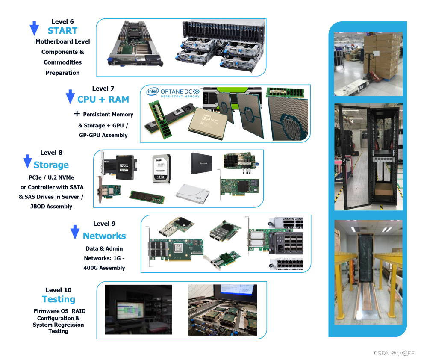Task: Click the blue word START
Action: point(62,31)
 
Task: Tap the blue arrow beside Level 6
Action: point(34,28)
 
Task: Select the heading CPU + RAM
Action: point(103,99)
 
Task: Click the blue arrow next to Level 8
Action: point(27,161)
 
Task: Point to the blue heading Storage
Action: point(51,165)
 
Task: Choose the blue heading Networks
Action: point(104,236)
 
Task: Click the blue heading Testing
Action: point(59,299)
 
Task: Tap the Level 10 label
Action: point(59,290)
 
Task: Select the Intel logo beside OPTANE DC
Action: point(153,91)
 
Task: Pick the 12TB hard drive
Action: point(162,169)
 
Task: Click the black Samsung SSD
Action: point(201,163)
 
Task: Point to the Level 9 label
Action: point(104,224)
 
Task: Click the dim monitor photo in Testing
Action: point(138,310)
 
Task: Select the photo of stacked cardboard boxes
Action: point(368,63)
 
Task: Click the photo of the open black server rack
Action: point(368,156)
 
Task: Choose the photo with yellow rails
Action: point(368,272)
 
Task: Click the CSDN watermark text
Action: point(394,353)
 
